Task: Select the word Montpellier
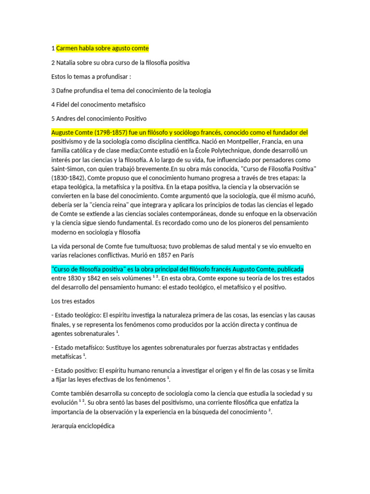click(x=228, y=141)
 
